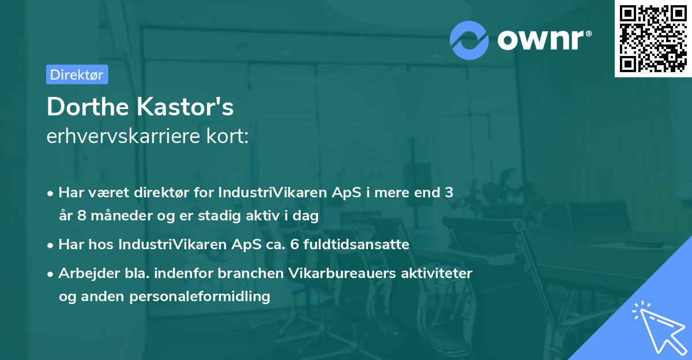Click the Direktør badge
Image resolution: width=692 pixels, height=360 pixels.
pos(77,74)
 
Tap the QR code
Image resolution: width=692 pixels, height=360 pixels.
pos(653,39)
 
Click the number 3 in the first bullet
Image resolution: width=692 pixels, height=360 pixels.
pos(449,193)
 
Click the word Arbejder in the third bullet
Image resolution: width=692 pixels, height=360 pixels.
pos(85,273)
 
